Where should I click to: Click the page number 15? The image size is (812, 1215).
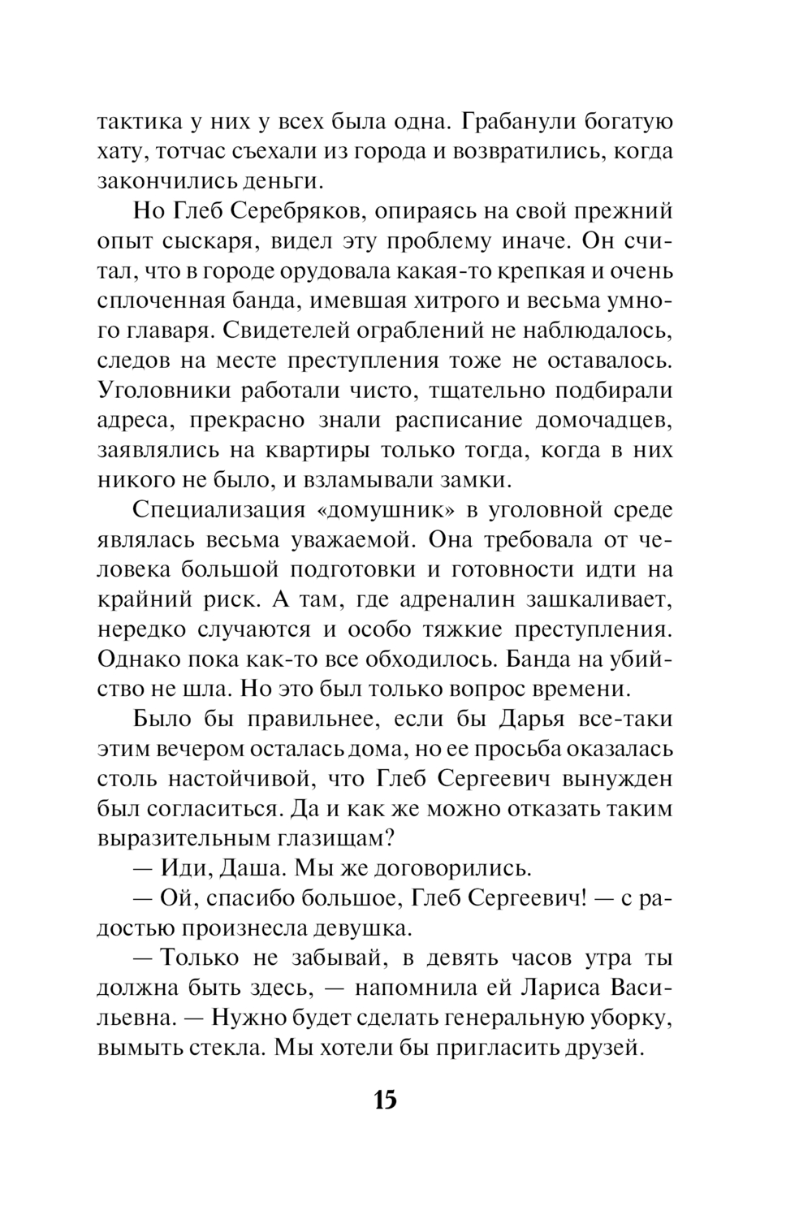pos(385,1100)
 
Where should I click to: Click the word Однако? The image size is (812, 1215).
pos(135,659)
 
